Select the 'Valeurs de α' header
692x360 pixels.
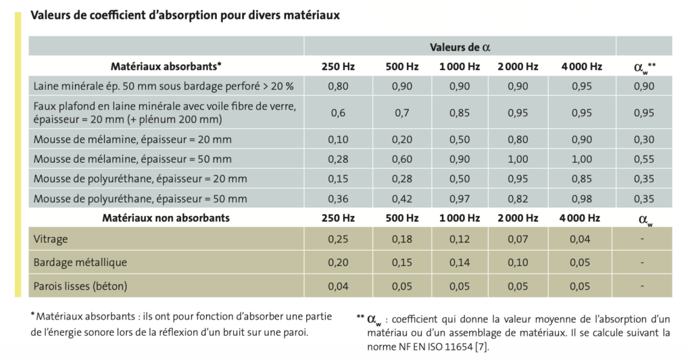click(460, 47)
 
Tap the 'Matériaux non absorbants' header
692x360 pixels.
click(166, 218)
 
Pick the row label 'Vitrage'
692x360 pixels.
click(51, 239)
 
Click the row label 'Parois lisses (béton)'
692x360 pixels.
click(80, 286)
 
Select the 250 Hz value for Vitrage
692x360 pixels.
click(337, 239)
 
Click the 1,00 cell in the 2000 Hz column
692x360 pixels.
click(518, 159)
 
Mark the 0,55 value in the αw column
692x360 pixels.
click(644, 159)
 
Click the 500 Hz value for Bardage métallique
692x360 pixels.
click(403, 262)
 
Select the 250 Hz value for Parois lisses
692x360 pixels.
click(337, 286)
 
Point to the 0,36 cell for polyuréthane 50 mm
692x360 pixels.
click(337, 199)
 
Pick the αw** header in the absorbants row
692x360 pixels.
click(644, 67)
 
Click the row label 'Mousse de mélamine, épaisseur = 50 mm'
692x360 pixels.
click(132, 159)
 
